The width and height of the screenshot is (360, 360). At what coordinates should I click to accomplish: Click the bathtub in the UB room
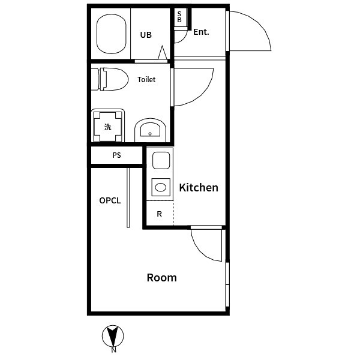[x=112, y=34]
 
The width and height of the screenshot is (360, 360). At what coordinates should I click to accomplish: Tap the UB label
[x=146, y=35]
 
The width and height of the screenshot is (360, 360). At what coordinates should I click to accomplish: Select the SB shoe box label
[x=179, y=17]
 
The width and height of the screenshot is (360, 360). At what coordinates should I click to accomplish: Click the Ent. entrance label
[x=201, y=32]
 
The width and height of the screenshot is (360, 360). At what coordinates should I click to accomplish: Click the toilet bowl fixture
[x=110, y=79]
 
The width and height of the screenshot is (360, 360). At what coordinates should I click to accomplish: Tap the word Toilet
[x=146, y=80]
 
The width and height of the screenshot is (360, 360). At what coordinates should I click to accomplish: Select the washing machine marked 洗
[x=107, y=126]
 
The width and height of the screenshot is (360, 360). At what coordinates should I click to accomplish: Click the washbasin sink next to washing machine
[x=150, y=130]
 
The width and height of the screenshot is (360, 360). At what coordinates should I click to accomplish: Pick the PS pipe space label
[x=116, y=155]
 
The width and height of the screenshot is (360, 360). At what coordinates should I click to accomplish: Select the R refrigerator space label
[x=159, y=214]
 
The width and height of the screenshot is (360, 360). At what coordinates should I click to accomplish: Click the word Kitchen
[x=199, y=188]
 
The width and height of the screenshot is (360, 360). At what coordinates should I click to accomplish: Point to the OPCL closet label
[x=110, y=200]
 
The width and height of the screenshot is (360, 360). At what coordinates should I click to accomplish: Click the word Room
[x=161, y=278]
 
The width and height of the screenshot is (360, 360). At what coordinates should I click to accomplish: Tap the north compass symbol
[x=113, y=336]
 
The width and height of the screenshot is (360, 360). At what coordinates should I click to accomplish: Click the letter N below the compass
[x=113, y=350]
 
